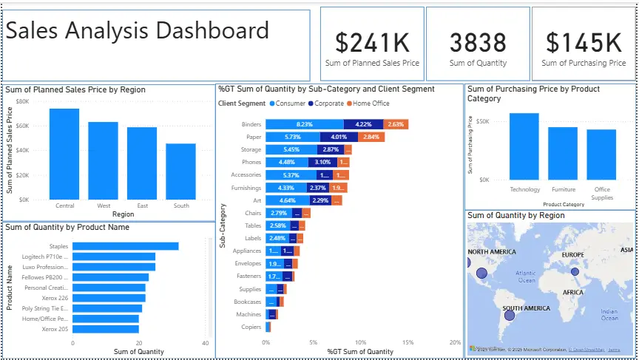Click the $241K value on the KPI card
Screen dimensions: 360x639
pyautogui.click(x=372, y=42)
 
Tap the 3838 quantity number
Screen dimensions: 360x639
pyautogui.click(x=478, y=42)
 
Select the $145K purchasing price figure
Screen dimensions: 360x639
pyautogui.click(x=583, y=42)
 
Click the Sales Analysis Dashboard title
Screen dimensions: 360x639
pyautogui.click(x=138, y=31)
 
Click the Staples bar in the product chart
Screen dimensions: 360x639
pyautogui.click(x=125, y=246)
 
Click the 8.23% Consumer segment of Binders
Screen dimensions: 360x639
pyautogui.click(x=305, y=124)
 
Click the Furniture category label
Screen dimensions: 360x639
pyautogui.click(x=562, y=189)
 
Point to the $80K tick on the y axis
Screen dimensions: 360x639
pyautogui.click(x=22, y=101)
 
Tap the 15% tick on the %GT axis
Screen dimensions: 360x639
pyautogui.click(x=408, y=342)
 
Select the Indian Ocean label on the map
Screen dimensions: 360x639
pyautogui.click(x=609, y=315)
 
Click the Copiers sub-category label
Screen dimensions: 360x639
pyautogui.click(x=251, y=326)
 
